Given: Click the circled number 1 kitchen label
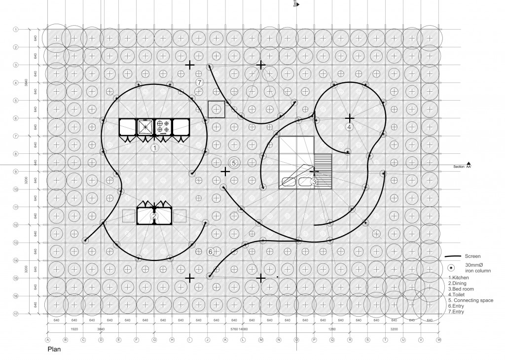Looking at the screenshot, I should pyautogui.click(x=154, y=147).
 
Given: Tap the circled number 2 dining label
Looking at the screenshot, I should pyautogui.click(x=154, y=216).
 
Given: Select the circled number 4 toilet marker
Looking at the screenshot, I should pyautogui.click(x=349, y=127).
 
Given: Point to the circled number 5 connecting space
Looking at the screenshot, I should pyautogui.click(x=234, y=162).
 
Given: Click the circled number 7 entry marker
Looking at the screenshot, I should pyautogui.click(x=199, y=82).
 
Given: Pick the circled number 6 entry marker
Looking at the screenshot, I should pyautogui.click(x=211, y=252).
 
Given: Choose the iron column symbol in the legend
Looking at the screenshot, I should pyautogui.click(x=452, y=268).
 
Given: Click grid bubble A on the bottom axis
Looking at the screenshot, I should pyautogui.click(x=48, y=340).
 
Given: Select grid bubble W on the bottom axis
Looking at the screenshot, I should pyautogui.click(x=438, y=340).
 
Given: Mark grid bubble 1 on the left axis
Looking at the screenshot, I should pyautogui.click(x=16, y=30).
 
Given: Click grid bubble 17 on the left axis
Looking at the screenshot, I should pyautogui.click(x=16, y=314).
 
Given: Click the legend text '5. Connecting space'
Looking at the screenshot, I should pyautogui.click(x=476, y=300).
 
